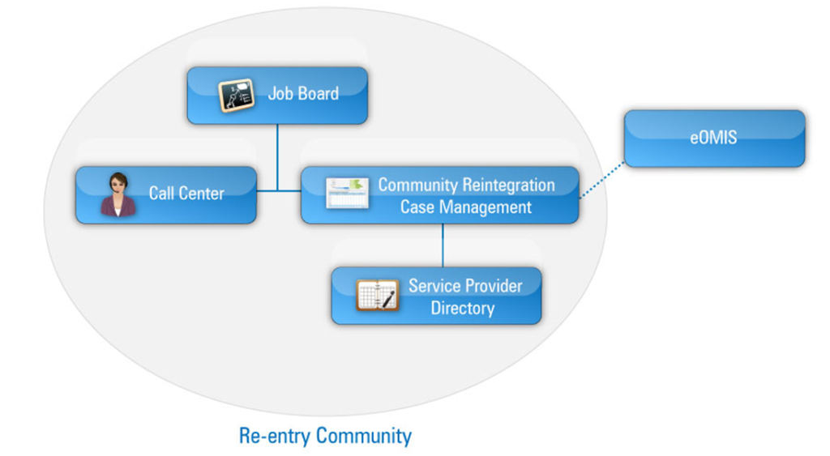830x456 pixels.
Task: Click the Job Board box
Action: pos(277,96)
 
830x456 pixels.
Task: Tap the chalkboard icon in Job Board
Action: pos(237,96)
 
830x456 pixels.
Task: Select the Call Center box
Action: pos(166,195)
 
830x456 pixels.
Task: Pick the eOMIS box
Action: pos(714,139)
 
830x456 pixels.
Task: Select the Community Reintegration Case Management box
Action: pos(439,195)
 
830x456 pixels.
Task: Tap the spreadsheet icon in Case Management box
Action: pos(347,194)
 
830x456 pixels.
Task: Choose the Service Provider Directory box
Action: pos(436,296)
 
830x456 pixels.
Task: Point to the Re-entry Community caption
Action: pos(325,436)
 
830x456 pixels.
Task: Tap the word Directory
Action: pos(462,308)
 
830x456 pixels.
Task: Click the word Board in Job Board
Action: pos(319,93)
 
